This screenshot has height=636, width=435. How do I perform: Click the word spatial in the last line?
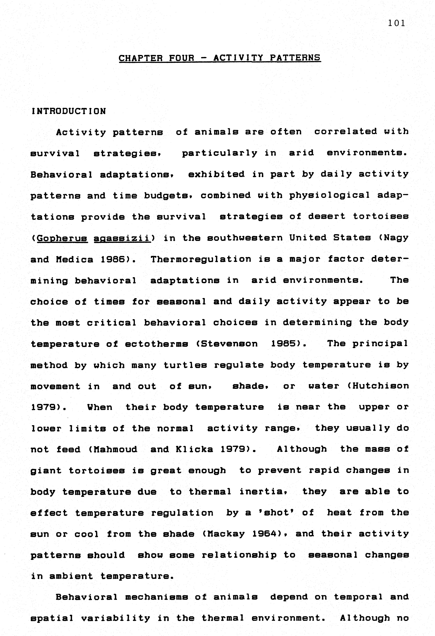52,618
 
